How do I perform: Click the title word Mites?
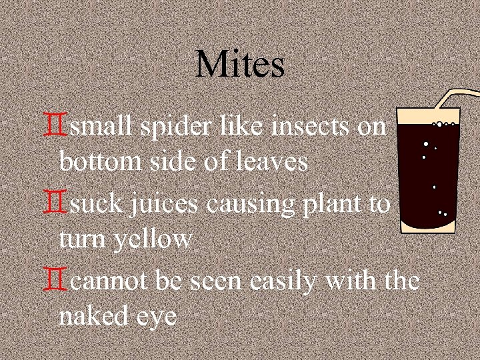[x=240, y=65]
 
